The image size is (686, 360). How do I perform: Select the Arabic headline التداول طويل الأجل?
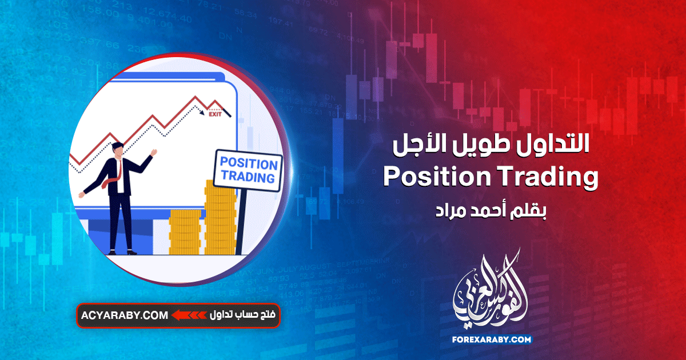pos(492,146)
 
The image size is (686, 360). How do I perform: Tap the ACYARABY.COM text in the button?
pos(125,315)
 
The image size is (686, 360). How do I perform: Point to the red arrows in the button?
pos(189,315)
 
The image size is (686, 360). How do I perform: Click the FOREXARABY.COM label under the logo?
pos(493,339)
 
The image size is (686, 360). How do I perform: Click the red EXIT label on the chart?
pos(215,114)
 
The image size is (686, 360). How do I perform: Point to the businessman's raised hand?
pos(153,153)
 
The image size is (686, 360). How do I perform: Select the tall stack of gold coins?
pos(221,220)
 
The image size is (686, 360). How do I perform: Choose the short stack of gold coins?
pos(186,231)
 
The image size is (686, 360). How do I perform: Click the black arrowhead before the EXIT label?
pos(202,113)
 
